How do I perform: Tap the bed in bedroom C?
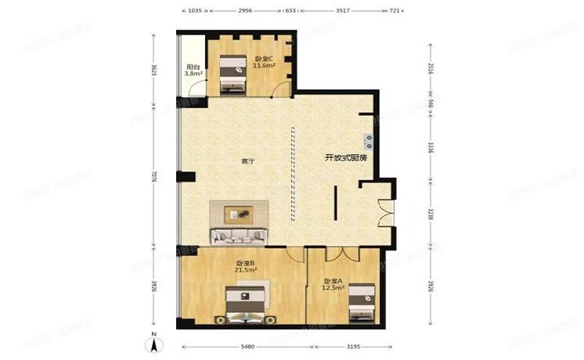[232, 75]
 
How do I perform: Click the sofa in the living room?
[239, 234]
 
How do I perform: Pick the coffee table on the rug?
[239, 213]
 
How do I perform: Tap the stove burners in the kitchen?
[368, 141]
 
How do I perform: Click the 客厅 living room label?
[247, 161]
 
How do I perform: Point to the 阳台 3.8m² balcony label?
[193, 70]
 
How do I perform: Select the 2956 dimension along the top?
[244, 11]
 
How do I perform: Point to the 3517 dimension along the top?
[343, 11]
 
